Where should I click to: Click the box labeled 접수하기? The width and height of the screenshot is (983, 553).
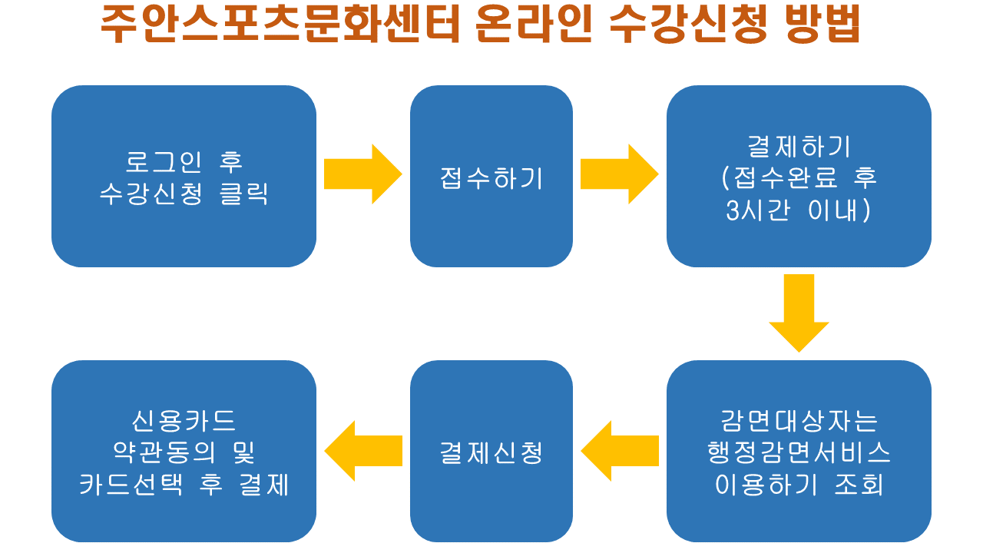pyautogui.click(x=491, y=177)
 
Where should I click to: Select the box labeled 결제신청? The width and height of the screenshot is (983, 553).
pyautogui.click(x=491, y=452)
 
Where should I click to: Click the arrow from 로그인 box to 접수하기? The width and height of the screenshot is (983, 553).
pyautogui.click(x=362, y=174)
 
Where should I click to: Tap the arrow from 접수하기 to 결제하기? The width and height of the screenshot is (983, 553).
pyautogui.click(x=618, y=174)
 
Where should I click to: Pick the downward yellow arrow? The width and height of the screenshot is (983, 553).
pyautogui.click(x=799, y=312)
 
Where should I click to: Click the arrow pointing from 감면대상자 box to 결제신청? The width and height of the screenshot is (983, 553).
pyautogui.click(x=619, y=451)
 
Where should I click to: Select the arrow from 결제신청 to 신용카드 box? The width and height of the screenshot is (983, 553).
pyautogui.click(x=363, y=451)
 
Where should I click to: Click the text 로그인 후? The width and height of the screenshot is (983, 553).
pyautogui.click(x=184, y=162)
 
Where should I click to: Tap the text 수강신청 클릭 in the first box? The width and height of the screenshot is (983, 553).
pyautogui.click(x=184, y=194)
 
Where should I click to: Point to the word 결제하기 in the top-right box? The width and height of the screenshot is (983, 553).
pyautogui.click(x=799, y=146)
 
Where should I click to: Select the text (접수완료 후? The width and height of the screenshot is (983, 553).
pyautogui.click(x=799, y=178)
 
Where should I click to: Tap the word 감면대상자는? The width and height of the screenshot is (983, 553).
pyautogui.click(x=799, y=421)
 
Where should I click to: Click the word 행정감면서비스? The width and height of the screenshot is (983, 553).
pyautogui.click(x=799, y=453)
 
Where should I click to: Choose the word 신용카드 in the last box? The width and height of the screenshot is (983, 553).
pyautogui.click(x=184, y=421)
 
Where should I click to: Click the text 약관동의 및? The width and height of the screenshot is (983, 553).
pyautogui.click(x=184, y=453)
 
